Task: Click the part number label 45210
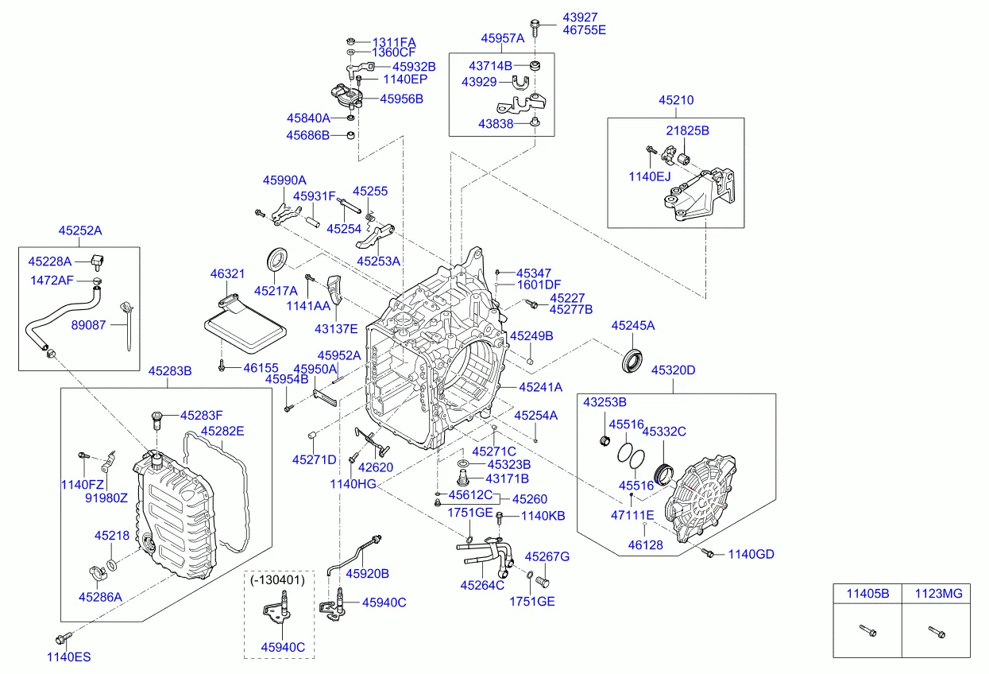675,101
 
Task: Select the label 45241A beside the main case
540,387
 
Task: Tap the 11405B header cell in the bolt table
867,592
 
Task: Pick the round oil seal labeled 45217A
276,260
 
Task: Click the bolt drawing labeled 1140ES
63,637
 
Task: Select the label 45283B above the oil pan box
169,371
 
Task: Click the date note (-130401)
277,579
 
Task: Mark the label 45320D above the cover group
674,370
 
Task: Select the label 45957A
502,37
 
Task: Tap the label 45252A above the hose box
79,230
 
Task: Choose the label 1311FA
394,41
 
